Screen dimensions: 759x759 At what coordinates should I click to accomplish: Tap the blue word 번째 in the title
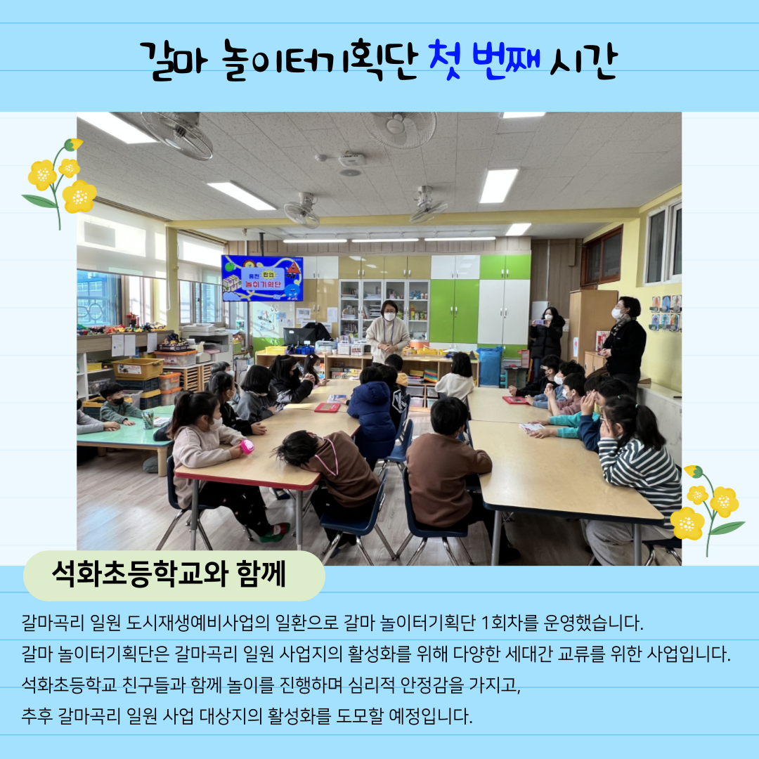tap(506, 60)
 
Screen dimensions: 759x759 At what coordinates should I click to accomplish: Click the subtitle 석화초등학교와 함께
tap(169, 574)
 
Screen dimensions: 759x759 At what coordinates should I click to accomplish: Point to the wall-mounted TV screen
tap(262, 278)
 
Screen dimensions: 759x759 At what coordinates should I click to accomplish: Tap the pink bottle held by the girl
tap(247, 446)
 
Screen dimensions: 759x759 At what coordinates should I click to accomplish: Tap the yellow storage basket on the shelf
tap(138, 368)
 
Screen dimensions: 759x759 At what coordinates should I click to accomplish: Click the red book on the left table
tap(327, 407)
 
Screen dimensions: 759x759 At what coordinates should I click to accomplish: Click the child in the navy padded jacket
tap(372, 415)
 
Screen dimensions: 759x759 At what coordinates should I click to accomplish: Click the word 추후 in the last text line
tap(37, 715)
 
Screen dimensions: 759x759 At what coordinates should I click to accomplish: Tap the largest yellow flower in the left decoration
tap(79, 197)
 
